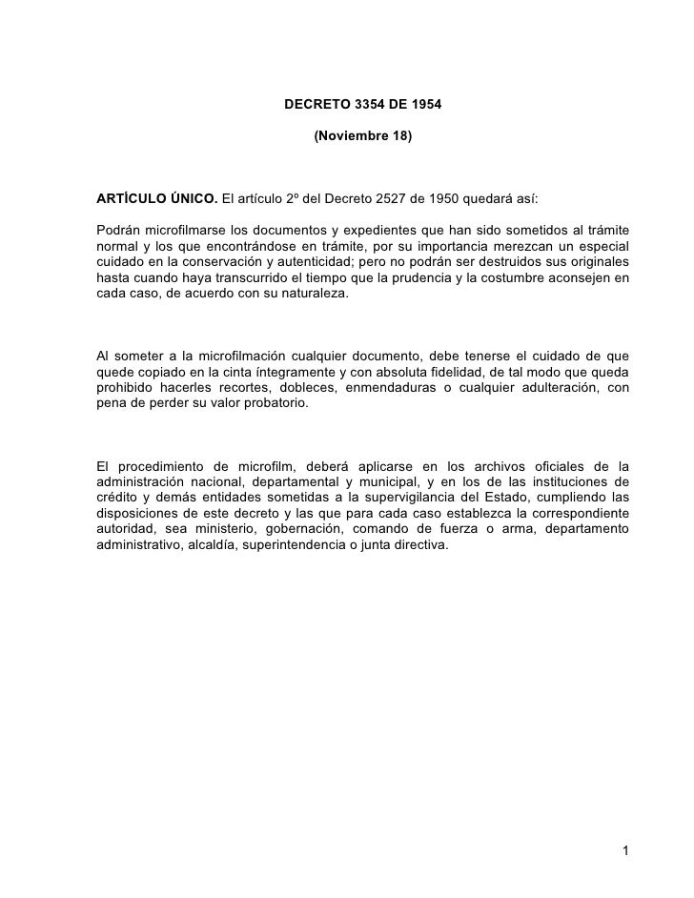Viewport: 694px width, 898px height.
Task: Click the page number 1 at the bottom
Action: click(624, 849)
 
